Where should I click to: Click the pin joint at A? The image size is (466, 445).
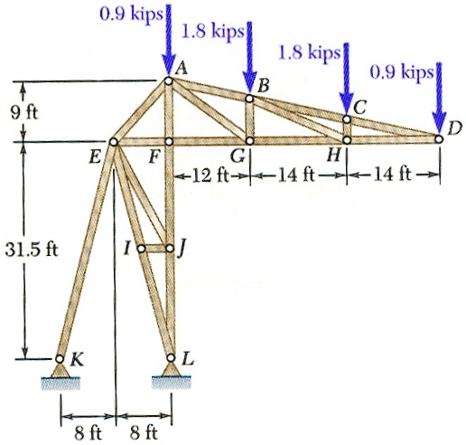[168, 80]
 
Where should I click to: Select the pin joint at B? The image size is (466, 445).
[249, 99]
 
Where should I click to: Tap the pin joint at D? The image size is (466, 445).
[439, 138]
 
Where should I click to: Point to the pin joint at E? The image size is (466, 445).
[114, 141]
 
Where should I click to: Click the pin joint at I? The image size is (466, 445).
[141, 249]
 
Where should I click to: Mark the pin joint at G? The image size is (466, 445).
[250, 140]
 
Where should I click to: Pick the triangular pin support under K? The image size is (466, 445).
[61, 370]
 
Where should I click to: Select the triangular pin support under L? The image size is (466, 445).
[171, 369]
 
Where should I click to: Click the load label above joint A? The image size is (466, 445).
[131, 14]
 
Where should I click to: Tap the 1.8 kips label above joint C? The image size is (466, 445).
[310, 52]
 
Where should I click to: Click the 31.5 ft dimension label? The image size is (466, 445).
[32, 250]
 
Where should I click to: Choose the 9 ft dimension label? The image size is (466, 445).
[24, 113]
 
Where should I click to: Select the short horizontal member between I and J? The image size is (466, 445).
[155, 249]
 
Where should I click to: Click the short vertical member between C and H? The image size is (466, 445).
[347, 129]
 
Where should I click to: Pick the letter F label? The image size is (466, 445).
[154, 156]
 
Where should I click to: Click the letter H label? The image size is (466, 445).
[333, 156]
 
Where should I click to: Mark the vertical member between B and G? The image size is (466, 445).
[249, 119]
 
